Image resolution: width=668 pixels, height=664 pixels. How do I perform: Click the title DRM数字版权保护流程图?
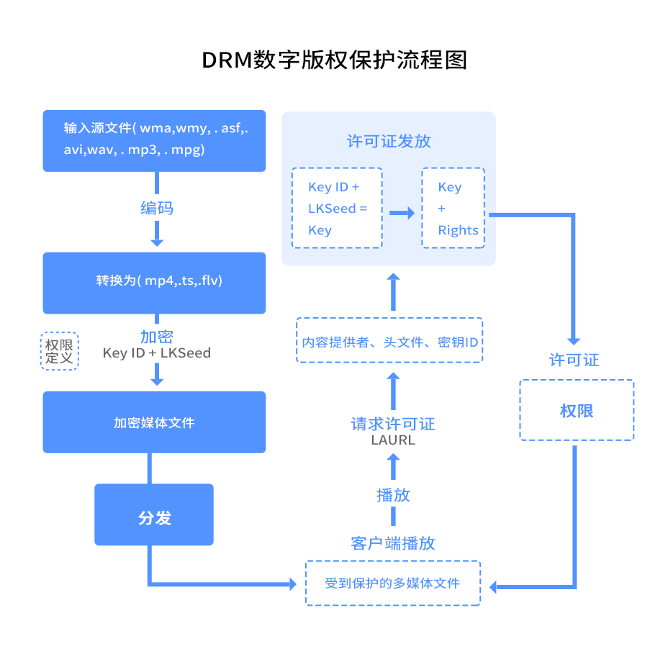coord(334,60)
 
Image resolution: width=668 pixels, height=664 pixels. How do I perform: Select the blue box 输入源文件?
coord(154,140)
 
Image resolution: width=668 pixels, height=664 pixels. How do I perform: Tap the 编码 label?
coord(157,209)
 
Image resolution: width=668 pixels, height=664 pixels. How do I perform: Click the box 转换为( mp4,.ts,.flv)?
coord(154,282)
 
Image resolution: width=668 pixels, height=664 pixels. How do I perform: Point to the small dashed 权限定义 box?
coord(59,350)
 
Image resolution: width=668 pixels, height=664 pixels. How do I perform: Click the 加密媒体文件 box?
coord(154,422)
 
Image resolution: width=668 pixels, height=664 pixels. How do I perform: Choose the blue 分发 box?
coord(154,514)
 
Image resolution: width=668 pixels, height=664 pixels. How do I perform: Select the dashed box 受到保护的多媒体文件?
coord(392,583)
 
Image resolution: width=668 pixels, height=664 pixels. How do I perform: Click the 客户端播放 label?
coord(393,543)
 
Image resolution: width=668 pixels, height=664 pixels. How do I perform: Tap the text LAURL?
coord(393,440)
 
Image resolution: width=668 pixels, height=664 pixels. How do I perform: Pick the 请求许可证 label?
coord(393,424)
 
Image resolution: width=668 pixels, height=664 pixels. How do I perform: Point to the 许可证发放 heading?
coord(389,141)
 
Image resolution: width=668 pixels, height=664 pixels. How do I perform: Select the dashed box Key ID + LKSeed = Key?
coord(337,208)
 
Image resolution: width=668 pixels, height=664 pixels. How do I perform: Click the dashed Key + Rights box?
coord(453,208)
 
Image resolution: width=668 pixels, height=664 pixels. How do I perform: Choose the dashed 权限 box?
coord(577,410)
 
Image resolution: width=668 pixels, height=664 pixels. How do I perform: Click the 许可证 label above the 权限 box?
coord(574,360)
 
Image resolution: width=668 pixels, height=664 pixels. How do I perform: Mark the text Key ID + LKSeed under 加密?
coord(157,353)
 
